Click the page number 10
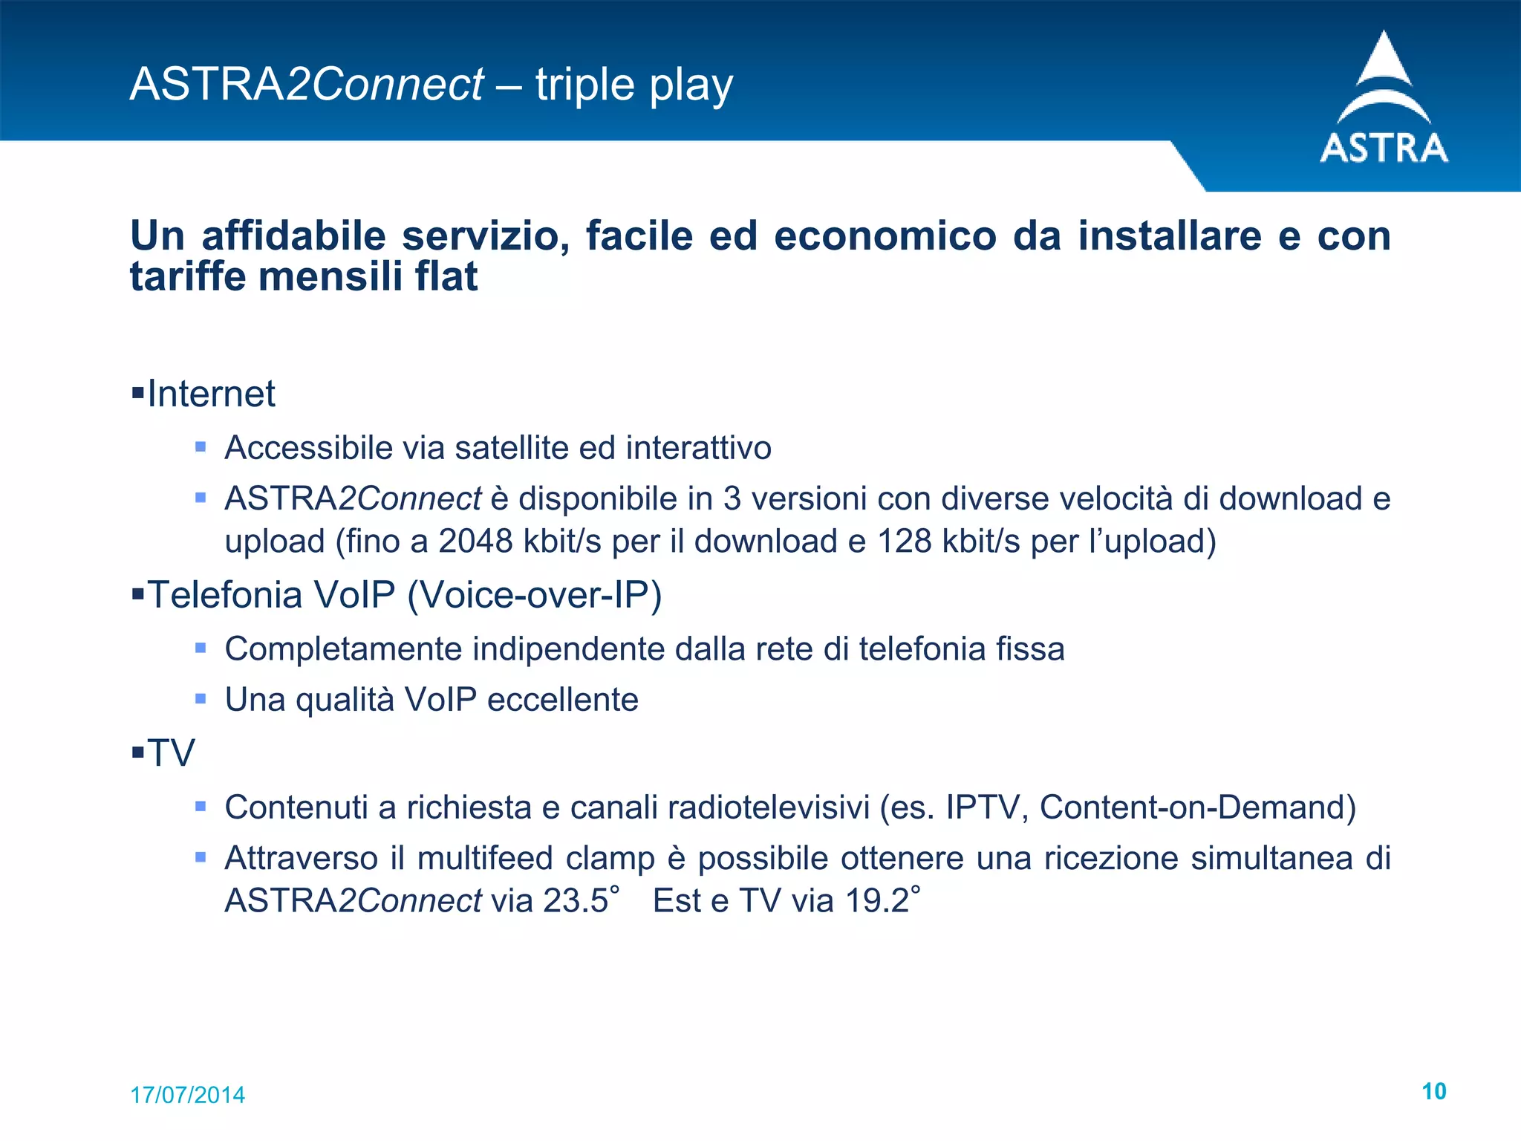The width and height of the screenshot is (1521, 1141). [x=1433, y=1091]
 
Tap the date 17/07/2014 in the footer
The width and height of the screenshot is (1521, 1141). [x=187, y=1095]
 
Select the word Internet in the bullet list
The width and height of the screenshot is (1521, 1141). [x=211, y=394]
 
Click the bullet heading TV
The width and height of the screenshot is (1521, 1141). [x=171, y=753]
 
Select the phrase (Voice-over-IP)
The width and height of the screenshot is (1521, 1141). [x=534, y=595]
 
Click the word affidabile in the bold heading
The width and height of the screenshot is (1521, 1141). [x=294, y=236]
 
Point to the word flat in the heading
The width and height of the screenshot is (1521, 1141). [x=446, y=276]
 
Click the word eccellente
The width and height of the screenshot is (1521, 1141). [x=562, y=700]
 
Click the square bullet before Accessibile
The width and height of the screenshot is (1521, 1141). [x=201, y=447]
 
